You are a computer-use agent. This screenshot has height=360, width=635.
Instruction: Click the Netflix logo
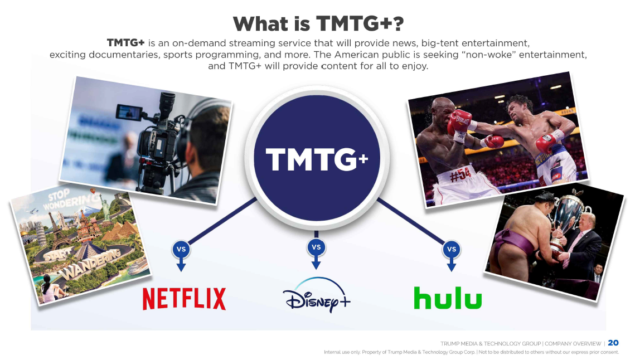185,299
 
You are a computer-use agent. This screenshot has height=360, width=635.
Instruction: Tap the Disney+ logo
316,295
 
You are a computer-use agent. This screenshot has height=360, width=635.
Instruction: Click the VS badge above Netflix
181,250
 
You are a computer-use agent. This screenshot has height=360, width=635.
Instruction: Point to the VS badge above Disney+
316,247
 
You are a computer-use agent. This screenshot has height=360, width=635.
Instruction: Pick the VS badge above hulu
452,250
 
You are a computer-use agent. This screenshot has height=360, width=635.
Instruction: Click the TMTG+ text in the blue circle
317,159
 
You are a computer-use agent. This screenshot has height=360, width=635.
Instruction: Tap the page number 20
613,343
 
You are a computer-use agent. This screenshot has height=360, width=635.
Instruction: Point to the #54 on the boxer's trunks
461,175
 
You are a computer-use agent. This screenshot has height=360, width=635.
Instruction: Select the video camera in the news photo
156,138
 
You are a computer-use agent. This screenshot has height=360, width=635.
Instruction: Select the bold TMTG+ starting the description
125,43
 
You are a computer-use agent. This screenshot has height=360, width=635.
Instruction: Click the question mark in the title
398,23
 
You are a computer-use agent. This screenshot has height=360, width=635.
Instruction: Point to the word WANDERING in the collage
91,265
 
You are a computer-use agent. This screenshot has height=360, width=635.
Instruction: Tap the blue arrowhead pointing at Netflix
181,267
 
